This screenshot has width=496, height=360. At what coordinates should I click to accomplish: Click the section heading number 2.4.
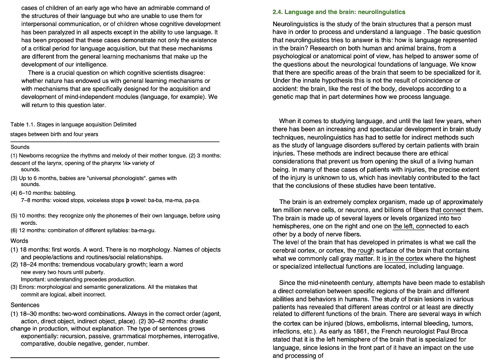point(279,12)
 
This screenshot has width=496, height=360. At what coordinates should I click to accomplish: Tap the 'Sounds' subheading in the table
point(20,147)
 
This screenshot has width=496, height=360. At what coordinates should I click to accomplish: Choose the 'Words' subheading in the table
point(19,241)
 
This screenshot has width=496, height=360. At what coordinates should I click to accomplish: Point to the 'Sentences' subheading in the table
point(25,305)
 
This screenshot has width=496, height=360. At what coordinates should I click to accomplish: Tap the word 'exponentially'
point(41,336)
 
